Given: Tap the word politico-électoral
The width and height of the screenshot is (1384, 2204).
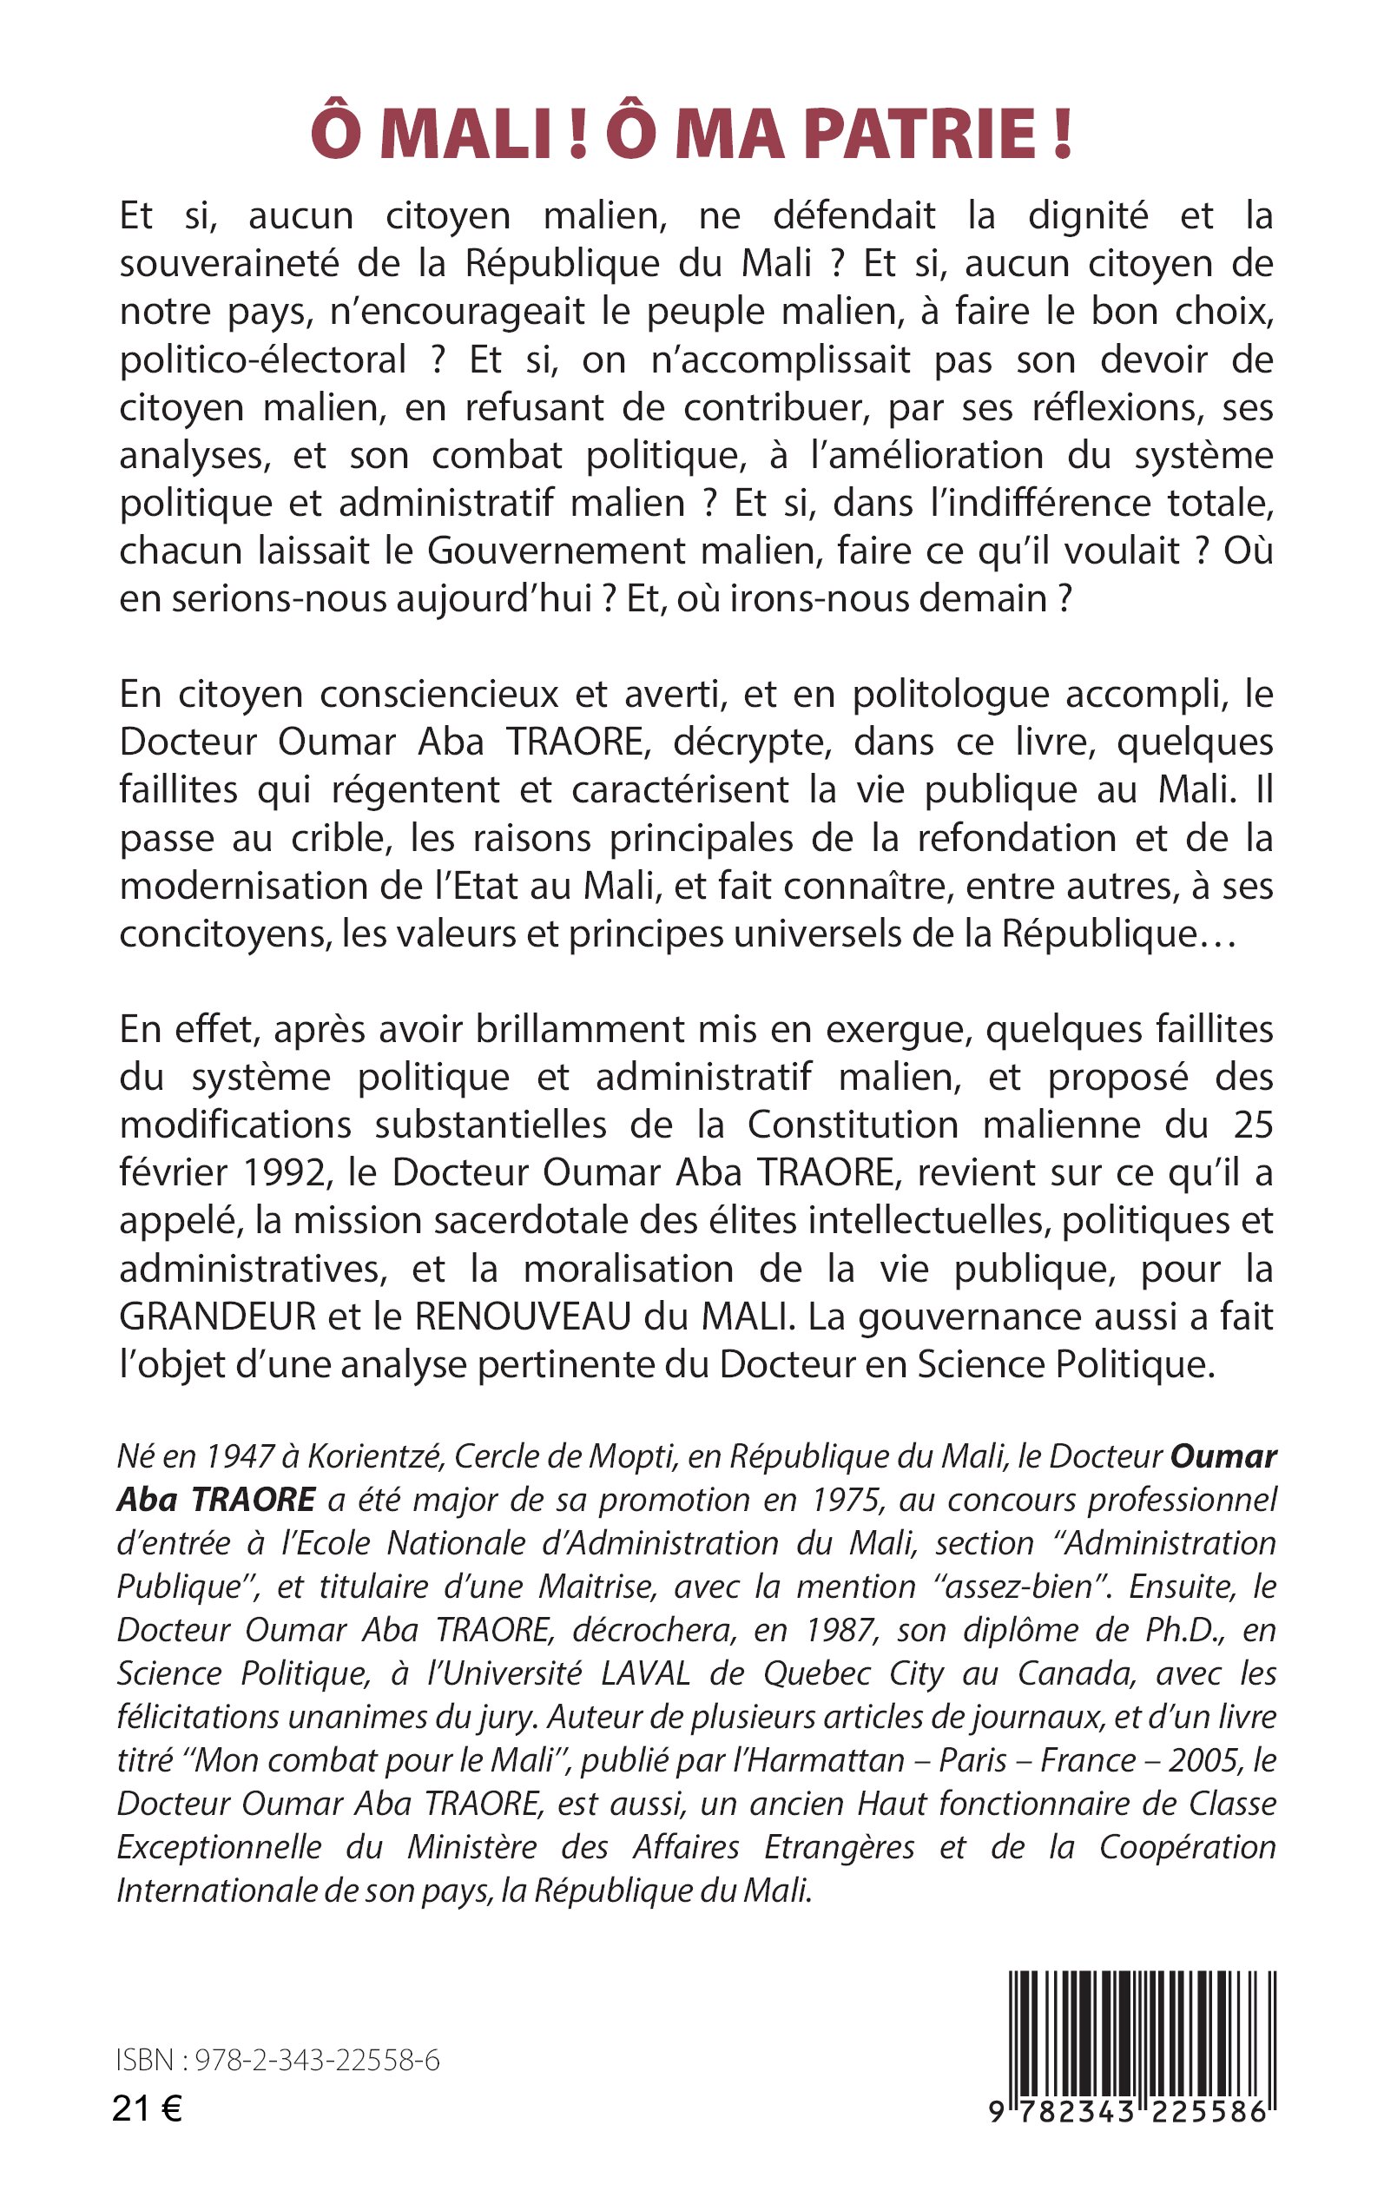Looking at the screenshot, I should (263, 360).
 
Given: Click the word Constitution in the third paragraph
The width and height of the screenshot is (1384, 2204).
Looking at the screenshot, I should (852, 1125).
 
